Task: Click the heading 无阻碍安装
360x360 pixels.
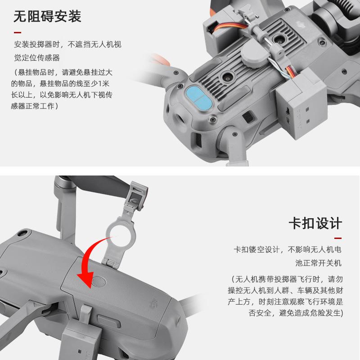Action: pos(47,17)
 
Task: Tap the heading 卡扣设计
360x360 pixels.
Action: pos(315,223)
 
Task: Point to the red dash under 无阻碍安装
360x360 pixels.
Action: pos(17,32)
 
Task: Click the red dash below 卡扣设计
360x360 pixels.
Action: pos(338,238)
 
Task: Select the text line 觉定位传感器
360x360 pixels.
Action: pos(37,58)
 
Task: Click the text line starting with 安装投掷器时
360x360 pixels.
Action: pos(67,45)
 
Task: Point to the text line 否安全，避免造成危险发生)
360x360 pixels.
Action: pos(296,313)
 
